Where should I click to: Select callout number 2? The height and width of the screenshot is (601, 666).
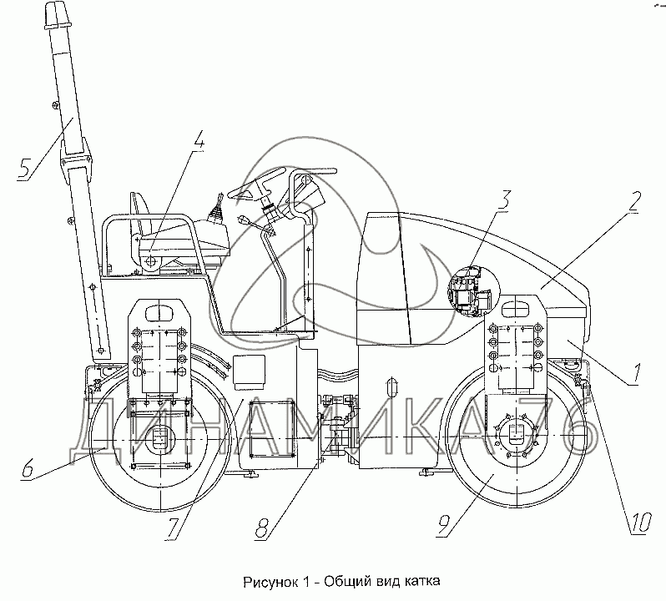(634, 202)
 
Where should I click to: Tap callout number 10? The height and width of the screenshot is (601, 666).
(639, 523)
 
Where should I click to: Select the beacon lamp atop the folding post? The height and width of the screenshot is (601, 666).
(48, 15)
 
